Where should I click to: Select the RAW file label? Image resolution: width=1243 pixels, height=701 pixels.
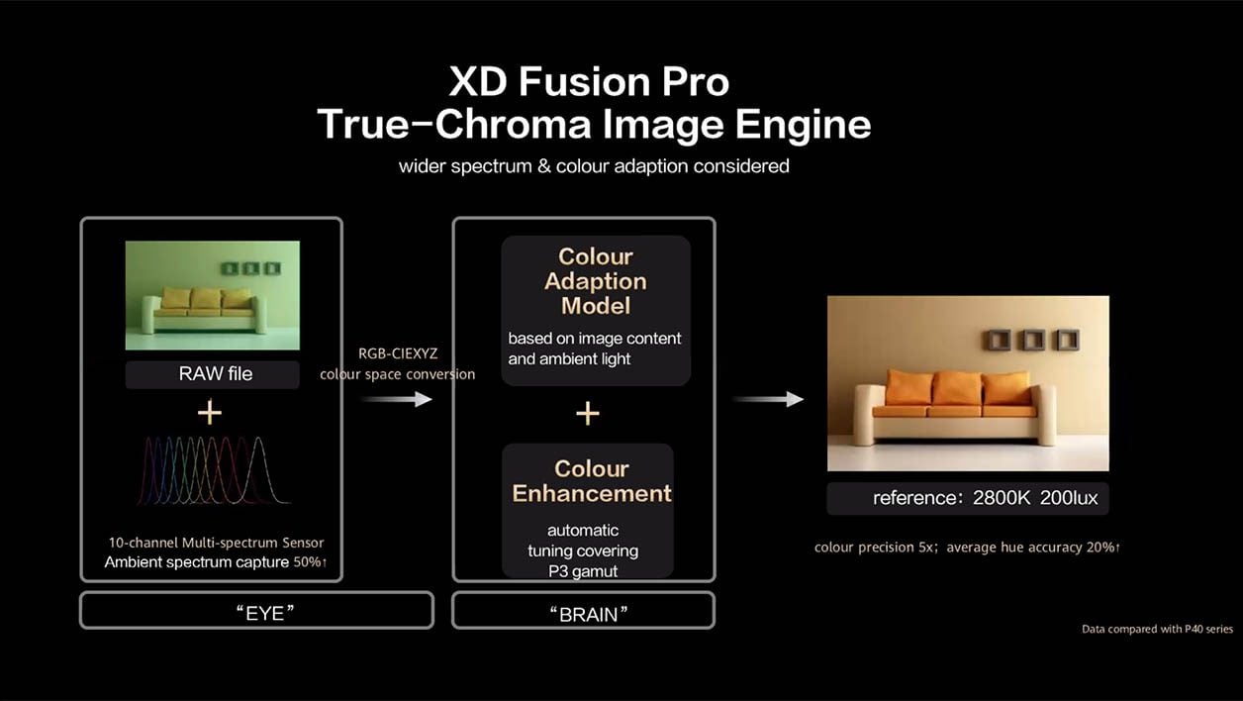tap(216, 374)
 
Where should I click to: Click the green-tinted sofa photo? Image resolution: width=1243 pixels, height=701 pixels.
tap(213, 295)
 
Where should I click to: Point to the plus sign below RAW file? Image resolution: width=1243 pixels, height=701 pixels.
tap(210, 413)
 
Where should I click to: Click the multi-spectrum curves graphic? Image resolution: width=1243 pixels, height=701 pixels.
tap(214, 470)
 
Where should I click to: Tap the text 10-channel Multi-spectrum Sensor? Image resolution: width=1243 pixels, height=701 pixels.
tap(216, 543)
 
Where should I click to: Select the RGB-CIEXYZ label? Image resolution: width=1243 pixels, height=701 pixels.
tap(398, 353)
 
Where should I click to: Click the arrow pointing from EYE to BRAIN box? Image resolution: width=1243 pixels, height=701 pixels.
tap(396, 399)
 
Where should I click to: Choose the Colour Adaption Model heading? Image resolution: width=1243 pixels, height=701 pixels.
tap(596, 281)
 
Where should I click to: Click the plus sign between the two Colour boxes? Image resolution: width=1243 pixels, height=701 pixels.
tap(588, 414)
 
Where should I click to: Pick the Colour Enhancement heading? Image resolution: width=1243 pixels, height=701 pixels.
tap(592, 481)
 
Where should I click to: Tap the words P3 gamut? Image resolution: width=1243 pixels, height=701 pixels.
tap(583, 571)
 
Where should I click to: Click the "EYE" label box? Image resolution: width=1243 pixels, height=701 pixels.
tap(257, 611)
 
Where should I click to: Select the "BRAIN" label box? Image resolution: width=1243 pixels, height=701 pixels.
tap(583, 611)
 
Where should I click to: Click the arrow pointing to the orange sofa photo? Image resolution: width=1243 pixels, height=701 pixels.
tap(768, 399)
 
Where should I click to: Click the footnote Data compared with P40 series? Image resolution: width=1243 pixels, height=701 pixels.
tap(1157, 630)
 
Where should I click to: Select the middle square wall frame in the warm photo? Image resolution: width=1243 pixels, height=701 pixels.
tap(1034, 340)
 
